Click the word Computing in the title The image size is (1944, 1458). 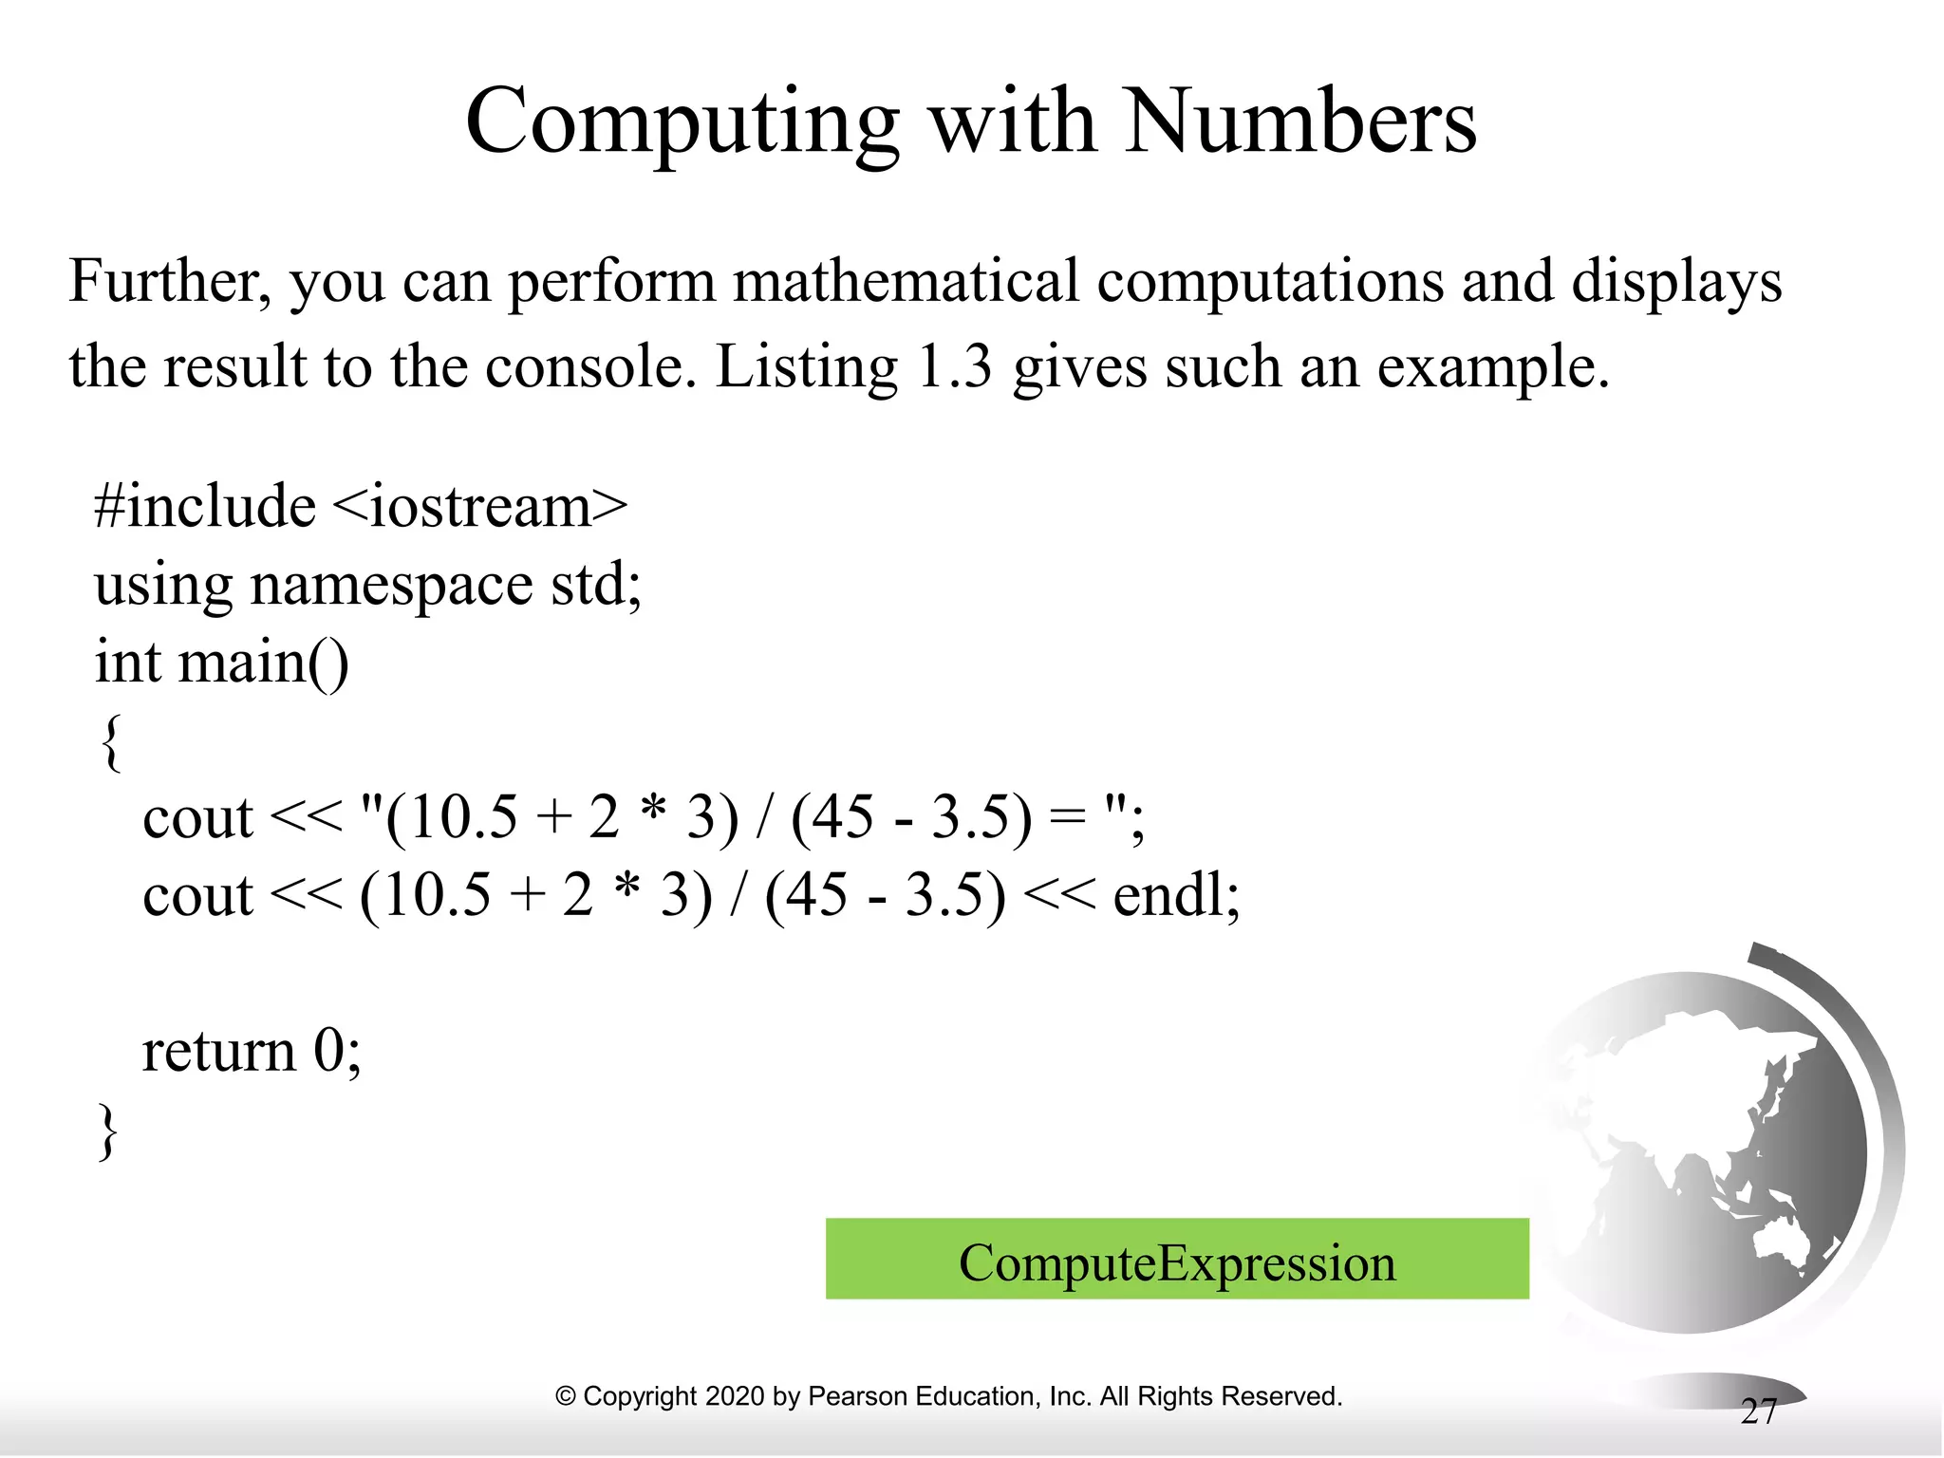pyautogui.click(x=682, y=123)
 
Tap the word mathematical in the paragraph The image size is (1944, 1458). pyautogui.click(x=906, y=282)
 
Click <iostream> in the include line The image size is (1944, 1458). pyautogui.click(x=480, y=506)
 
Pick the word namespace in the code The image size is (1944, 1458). pyautogui.click(x=391, y=585)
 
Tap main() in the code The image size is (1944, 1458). pyautogui.click(x=263, y=662)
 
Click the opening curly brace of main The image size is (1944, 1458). pyautogui.click(x=110, y=742)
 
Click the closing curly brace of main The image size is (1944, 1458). pyautogui.click(x=108, y=1131)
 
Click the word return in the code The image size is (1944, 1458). pyautogui.click(x=219, y=1052)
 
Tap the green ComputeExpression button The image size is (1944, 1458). pyautogui.click(x=1177, y=1260)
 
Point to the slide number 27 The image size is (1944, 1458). pyautogui.click(x=1758, y=1412)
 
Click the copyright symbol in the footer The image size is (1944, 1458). pyautogui.click(x=566, y=1396)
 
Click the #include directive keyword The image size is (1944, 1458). pyautogui.click(x=204, y=506)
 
